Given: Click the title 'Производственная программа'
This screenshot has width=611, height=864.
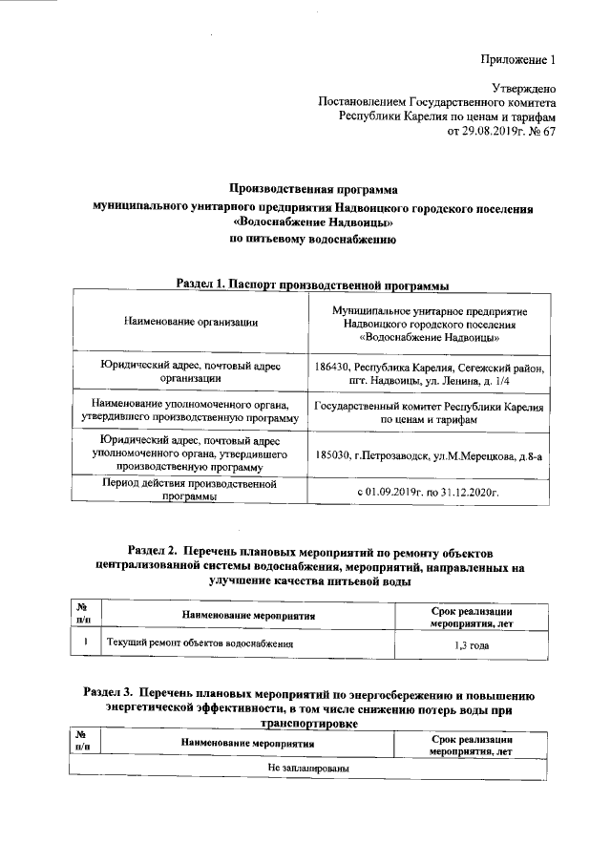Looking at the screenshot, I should click(x=313, y=190).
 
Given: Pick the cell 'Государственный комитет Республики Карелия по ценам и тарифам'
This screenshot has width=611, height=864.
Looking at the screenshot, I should click(x=429, y=412).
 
